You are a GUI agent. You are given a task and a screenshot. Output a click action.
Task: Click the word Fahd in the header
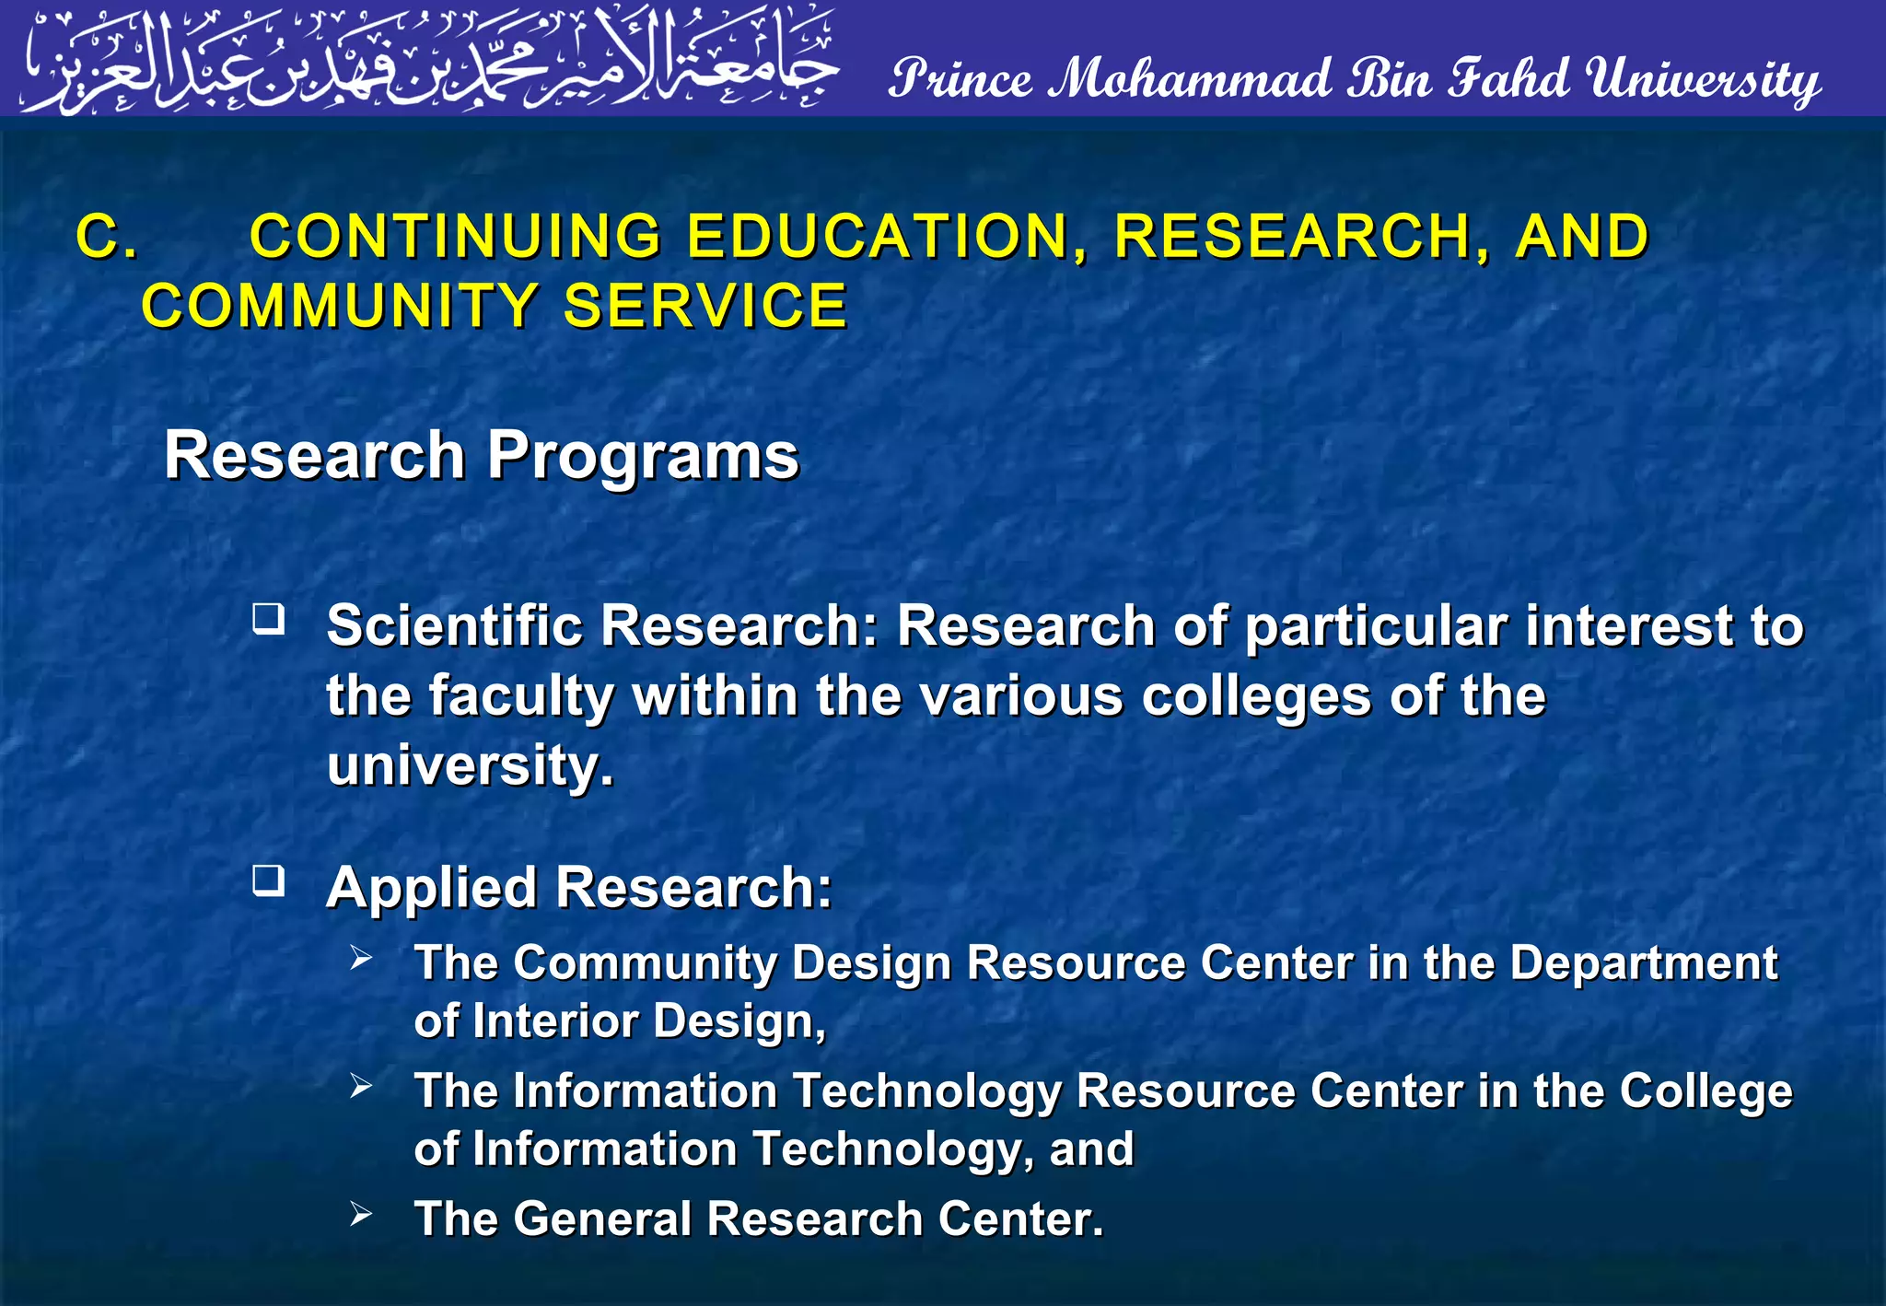[x=1509, y=79]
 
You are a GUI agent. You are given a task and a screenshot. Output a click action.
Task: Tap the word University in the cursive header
[x=1704, y=81]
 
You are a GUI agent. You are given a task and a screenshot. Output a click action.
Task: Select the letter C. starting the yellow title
[x=107, y=237]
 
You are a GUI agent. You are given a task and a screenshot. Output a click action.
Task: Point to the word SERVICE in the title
[x=704, y=306]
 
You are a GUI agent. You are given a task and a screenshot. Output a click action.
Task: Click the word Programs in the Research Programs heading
[x=643, y=456]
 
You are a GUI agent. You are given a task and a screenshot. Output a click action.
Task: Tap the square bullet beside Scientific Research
[x=269, y=618]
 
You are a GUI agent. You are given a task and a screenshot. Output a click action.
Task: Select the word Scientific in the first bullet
[x=455, y=626]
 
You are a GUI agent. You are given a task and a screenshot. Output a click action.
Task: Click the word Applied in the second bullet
[x=432, y=889]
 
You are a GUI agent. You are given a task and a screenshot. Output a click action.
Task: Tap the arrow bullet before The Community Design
[x=361, y=958]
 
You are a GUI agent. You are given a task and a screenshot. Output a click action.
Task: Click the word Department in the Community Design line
[x=1644, y=964]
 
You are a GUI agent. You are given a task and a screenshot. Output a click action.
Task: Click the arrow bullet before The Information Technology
[x=361, y=1086]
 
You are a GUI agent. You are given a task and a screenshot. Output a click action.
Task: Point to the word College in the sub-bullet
[x=1706, y=1092]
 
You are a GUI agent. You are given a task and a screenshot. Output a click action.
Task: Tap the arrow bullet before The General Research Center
[x=361, y=1214]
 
